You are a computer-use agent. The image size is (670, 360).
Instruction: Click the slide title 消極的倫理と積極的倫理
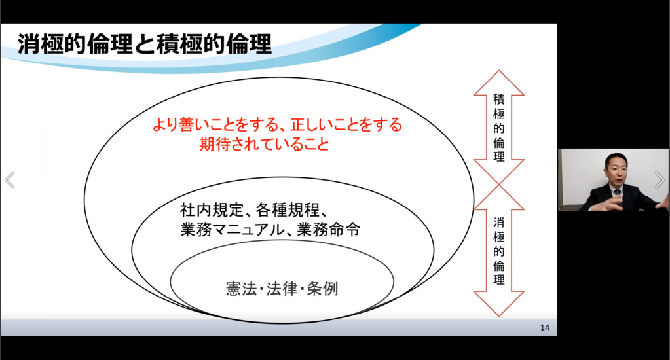coord(145,45)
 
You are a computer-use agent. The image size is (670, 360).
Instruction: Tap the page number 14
coord(544,327)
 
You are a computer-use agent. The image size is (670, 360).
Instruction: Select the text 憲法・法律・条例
coord(282,289)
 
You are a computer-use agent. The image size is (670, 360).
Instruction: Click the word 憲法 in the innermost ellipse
coord(241,289)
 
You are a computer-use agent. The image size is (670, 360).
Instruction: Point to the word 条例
coord(323,289)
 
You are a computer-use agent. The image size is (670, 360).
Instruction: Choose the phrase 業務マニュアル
coord(232,230)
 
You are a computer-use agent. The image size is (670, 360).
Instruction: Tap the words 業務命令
coord(329,230)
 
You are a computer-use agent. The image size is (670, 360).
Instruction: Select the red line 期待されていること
coord(264,145)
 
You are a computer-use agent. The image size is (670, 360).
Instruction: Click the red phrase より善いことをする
coord(215,125)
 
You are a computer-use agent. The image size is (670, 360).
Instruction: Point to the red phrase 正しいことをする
coord(346,125)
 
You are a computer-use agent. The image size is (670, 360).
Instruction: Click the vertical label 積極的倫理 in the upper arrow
coord(498,128)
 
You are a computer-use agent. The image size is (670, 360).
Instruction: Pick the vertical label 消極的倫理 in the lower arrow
coord(498,251)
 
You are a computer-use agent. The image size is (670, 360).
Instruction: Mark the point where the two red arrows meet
coord(498,185)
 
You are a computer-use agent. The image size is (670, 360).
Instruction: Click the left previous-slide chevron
coord(9,180)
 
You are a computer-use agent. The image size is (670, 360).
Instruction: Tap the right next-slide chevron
coord(660,180)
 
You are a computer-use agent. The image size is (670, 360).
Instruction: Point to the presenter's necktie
coord(616,194)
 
